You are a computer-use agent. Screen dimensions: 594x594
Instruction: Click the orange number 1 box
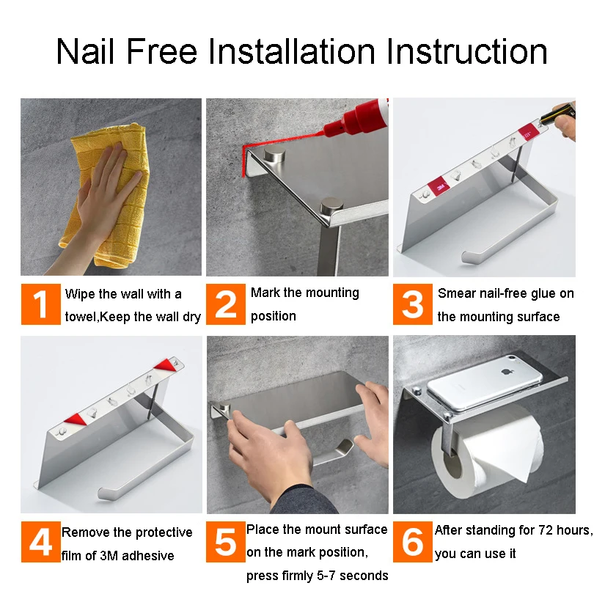tap(41, 304)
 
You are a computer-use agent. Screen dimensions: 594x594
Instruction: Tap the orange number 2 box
tap(226, 304)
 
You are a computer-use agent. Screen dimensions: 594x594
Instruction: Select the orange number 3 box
tap(413, 304)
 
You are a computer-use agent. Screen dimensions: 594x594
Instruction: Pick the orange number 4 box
tap(41, 542)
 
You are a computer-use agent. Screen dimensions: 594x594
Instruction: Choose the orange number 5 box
tap(226, 542)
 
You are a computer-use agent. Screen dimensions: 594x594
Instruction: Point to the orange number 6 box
tap(413, 542)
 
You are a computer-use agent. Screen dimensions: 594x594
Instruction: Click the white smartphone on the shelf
tap(485, 382)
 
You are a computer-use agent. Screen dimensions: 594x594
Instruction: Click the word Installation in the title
tap(292, 51)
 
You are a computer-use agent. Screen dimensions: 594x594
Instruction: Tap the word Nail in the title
tap(85, 51)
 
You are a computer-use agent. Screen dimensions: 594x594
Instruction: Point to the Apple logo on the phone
tap(506, 371)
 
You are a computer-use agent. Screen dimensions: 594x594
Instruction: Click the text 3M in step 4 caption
tap(109, 555)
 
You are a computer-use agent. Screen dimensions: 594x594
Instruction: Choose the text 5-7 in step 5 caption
tap(326, 576)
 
